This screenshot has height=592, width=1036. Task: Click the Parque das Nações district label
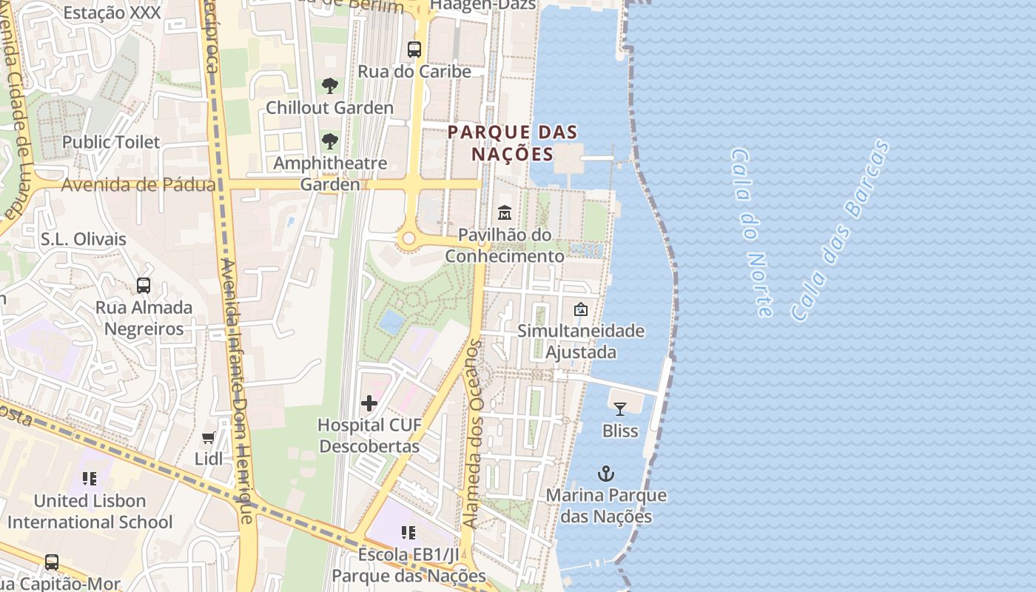click(x=512, y=143)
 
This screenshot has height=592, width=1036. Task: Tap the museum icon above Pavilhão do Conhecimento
click(x=505, y=213)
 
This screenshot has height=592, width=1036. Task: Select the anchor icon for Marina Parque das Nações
click(x=606, y=474)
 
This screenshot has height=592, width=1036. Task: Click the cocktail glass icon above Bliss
click(x=620, y=408)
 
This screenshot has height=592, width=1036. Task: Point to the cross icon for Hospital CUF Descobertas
click(x=369, y=403)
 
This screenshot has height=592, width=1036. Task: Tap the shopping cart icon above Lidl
click(x=209, y=438)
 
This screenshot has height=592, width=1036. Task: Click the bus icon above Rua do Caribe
click(x=414, y=50)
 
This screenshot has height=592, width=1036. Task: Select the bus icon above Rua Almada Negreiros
click(x=144, y=286)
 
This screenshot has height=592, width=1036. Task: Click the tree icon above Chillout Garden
click(x=330, y=86)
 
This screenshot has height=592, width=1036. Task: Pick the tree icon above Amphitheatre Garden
click(x=330, y=141)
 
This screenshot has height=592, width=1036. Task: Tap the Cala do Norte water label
click(x=751, y=231)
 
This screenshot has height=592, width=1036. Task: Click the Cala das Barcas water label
click(x=840, y=229)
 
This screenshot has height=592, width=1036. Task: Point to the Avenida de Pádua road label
click(x=138, y=185)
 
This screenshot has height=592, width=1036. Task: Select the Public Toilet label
click(x=111, y=142)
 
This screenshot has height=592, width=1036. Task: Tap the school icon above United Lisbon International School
click(x=90, y=479)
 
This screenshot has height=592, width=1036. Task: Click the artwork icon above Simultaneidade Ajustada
click(x=581, y=309)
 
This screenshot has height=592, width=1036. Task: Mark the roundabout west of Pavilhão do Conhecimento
click(x=408, y=238)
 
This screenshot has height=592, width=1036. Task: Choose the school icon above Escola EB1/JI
click(x=408, y=533)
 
